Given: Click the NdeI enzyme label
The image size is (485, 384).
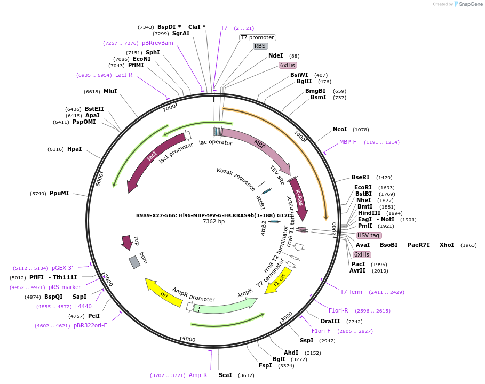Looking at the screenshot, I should (276, 55).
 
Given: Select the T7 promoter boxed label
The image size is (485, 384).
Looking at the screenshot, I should (257, 37).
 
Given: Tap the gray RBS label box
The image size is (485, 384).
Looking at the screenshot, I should (260, 46).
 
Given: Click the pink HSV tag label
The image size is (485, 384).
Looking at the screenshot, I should (368, 235).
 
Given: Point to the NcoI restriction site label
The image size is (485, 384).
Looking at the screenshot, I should (340, 129).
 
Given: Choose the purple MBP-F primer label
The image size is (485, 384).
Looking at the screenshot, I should (348, 142).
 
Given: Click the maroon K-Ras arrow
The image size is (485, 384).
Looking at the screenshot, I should (299, 199).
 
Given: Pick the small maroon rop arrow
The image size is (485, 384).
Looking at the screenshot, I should (127, 242).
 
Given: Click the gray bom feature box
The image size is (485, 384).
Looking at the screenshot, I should (134, 262).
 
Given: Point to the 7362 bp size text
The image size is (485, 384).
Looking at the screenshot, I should (213, 221).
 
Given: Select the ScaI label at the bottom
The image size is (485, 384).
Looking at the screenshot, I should (225, 375).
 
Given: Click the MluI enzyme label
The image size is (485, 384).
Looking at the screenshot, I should (110, 91).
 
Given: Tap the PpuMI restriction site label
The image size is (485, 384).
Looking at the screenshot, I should (59, 193).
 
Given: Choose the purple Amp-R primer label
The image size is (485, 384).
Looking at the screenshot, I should (198, 375).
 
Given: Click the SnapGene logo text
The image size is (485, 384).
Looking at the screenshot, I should (470, 4).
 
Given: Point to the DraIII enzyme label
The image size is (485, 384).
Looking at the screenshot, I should (330, 321).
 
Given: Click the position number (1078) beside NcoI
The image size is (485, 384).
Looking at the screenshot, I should (361, 130).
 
